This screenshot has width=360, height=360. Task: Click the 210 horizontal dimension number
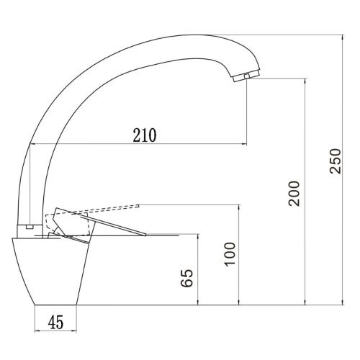[x=145, y=134]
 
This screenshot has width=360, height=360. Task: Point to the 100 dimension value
[x=229, y=253]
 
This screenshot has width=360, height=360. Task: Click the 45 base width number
[x=55, y=322]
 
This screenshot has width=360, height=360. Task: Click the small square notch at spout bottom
[x=29, y=226]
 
